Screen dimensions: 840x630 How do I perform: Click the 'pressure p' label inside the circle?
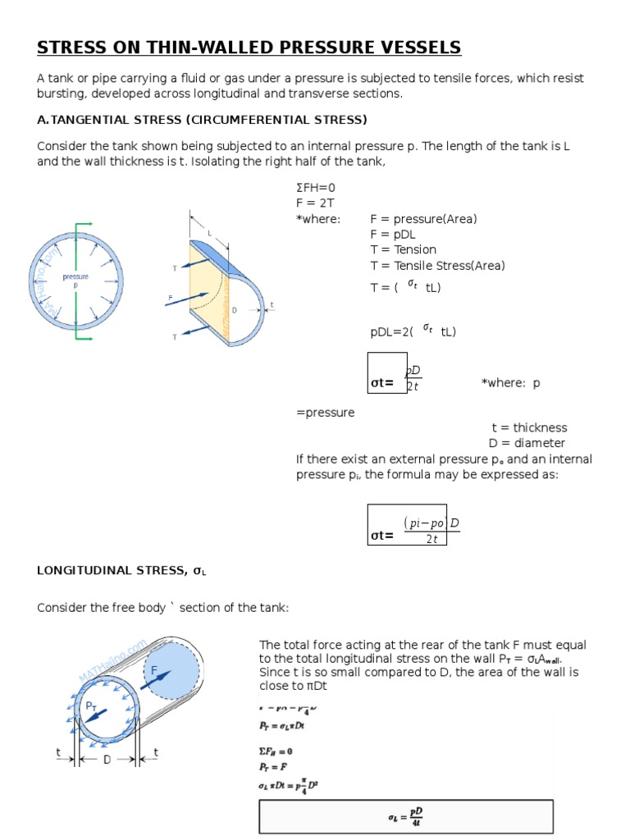[x=75, y=280]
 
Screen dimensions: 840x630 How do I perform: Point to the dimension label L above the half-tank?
[x=209, y=234]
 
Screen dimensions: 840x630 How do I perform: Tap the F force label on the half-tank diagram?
[x=170, y=299]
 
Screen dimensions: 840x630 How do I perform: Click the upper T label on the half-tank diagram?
[x=174, y=268]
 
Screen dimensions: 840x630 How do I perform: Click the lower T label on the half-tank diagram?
[x=174, y=337]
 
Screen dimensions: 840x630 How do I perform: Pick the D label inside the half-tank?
[x=234, y=311]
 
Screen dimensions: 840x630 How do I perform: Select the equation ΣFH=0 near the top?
[x=316, y=188]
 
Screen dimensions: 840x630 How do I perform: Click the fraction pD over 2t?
[x=413, y=378]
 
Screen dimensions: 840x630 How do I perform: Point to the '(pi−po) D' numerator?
[x=431, y=523]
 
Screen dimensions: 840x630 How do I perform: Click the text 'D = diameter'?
[x=527, y=444]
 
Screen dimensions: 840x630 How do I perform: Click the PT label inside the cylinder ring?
[x=92, y=705]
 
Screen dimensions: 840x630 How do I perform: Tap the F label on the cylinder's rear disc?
[x=153, y=670]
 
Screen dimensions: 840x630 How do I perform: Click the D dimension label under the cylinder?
[x=107, y=760]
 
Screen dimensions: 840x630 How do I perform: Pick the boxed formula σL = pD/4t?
[x=406, y=816]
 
